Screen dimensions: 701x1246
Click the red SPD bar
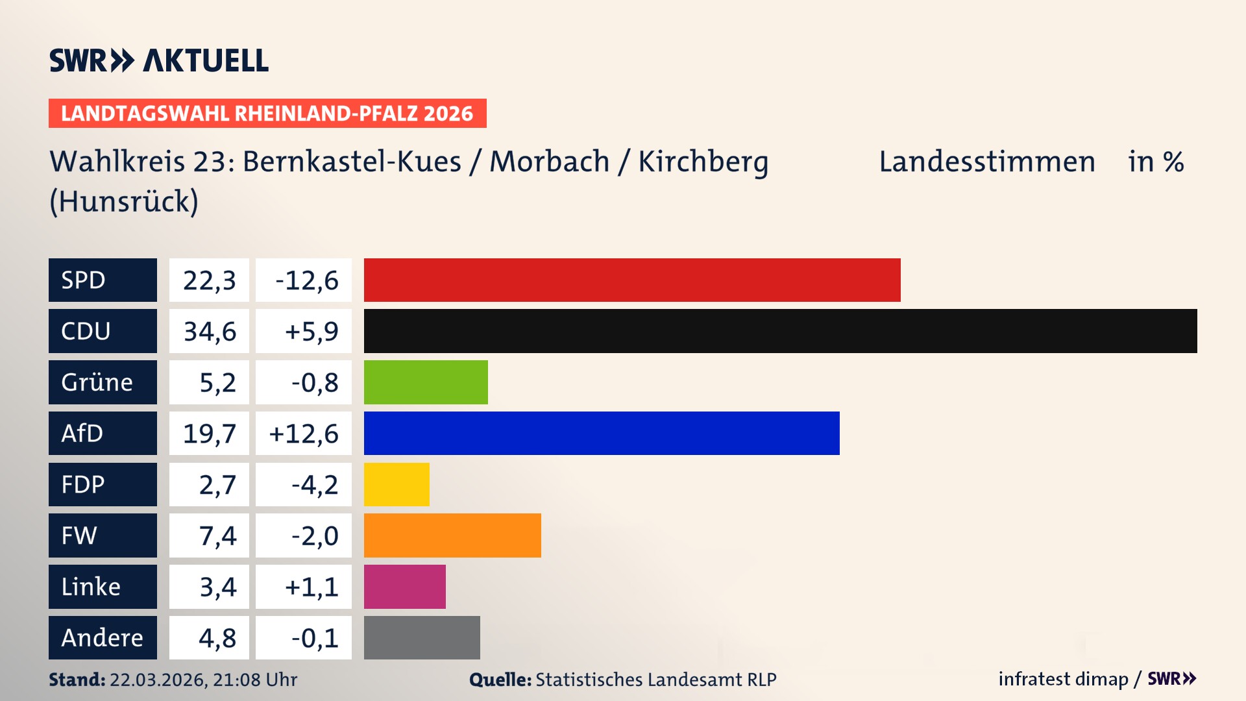coord(632,280)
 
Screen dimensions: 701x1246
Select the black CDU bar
coord(780,331)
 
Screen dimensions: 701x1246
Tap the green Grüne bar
coord(426,382)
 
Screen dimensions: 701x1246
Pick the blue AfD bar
coord(602,433)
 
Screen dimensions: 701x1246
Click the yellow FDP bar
coord(397,484)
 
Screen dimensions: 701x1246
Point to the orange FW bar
coord(452,535)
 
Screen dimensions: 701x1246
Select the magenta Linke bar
coord(404,587)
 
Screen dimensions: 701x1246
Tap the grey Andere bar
coord(422,637)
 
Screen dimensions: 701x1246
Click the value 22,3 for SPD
coord(209,280)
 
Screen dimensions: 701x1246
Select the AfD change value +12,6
coord(304,434)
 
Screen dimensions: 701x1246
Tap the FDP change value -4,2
coord(314,485)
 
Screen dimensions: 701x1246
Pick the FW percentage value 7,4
coord(217,536)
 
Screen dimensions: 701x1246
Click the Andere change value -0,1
coord(314,638)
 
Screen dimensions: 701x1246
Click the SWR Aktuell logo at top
coord(159,60)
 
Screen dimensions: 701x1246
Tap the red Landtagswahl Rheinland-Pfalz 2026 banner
coord(267,114)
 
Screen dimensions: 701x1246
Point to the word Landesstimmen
coord(986,162)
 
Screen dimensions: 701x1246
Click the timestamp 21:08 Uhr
coord(254,680)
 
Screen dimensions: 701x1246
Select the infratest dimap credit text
coord(1063,679)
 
